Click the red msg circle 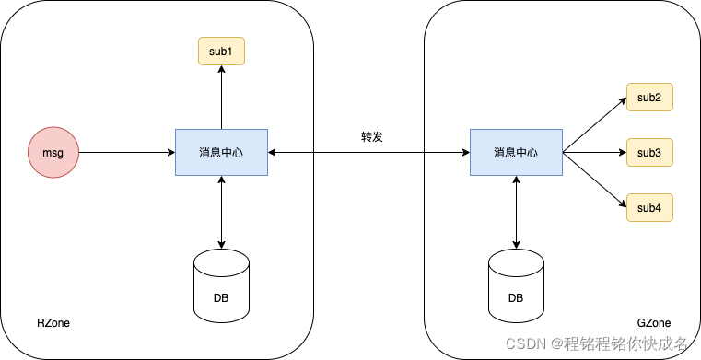53,152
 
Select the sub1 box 221,51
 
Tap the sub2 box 649,97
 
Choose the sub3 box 649,152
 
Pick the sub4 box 649,207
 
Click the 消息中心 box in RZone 221,152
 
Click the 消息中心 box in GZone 516,152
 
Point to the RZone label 53,323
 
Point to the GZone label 654,323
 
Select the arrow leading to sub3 594,152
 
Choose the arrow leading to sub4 594,180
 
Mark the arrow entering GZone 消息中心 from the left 447,152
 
